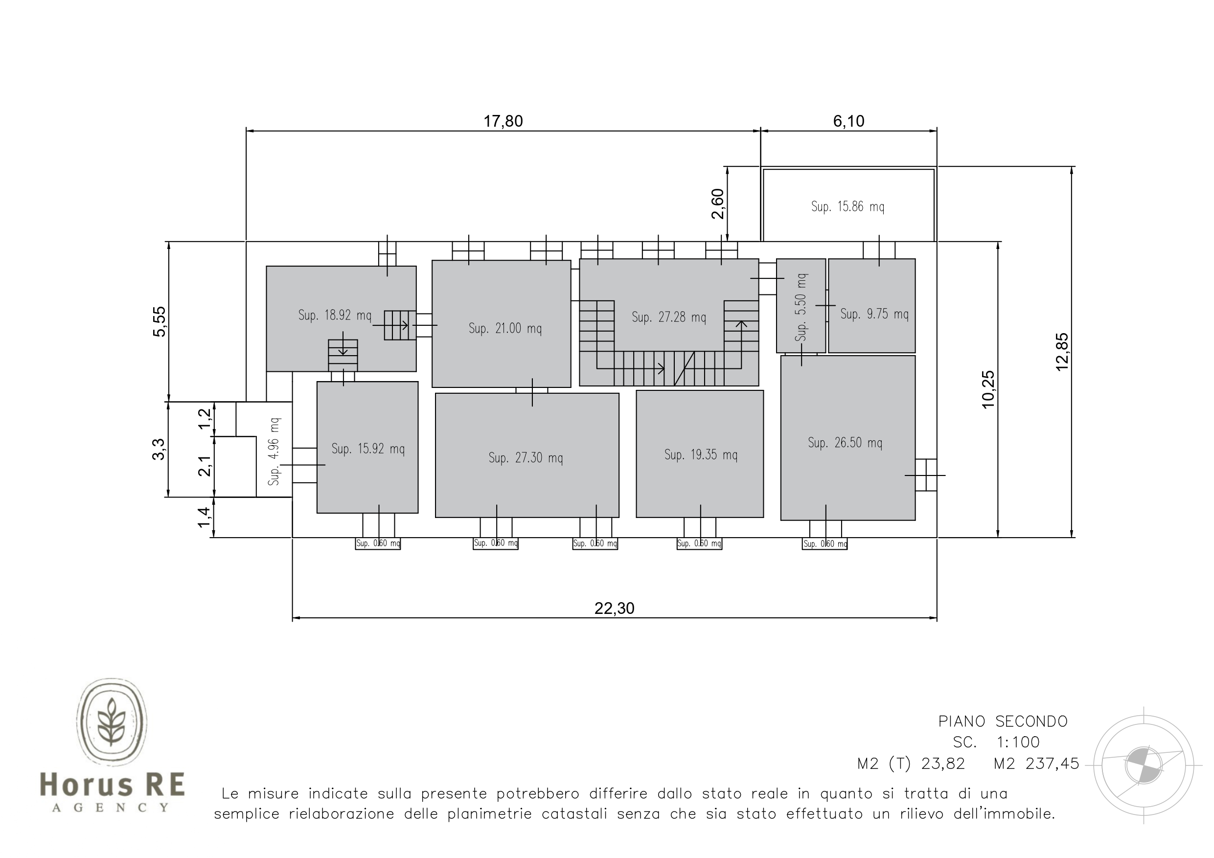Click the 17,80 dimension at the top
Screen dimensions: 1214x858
[503, 121]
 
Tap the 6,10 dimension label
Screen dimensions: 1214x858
[848, 121]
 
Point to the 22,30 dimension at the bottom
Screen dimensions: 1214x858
[615, 609]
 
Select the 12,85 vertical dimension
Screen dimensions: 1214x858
[1062, 352]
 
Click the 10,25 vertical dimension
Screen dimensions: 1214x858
[988, 389]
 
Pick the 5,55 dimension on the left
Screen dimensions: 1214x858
[159, 321]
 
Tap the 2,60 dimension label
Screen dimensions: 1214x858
[717, 203]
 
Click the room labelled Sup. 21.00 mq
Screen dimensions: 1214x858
[501, 323]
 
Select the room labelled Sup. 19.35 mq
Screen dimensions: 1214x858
[700, 453]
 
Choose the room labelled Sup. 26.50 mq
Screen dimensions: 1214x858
[848, 438]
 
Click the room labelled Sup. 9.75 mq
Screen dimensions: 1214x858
[871, 306]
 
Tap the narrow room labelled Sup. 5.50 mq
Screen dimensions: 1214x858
[801, 306]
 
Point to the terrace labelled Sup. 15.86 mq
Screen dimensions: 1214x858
[848, 205]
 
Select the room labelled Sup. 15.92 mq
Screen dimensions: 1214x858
[367, 447]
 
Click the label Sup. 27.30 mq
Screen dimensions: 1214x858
[526, 458]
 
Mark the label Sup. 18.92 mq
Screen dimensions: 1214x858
[335, 316]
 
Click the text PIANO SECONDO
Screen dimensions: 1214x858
[1003, 722]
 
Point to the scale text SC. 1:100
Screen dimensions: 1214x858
[996, 742]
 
